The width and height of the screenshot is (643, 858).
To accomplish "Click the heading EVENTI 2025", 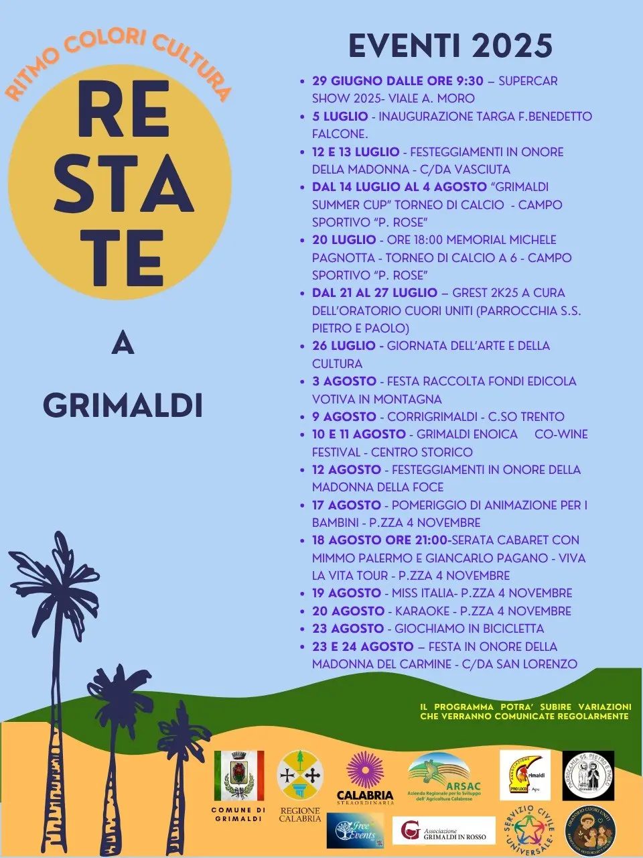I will click(450, 46).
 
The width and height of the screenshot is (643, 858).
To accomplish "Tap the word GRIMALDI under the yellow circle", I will click(123, 405).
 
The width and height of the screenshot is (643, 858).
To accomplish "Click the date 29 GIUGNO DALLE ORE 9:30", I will click(397, 81).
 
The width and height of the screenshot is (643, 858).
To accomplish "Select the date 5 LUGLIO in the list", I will click(340, 117).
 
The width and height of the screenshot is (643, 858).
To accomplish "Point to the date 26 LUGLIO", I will click(344, 346).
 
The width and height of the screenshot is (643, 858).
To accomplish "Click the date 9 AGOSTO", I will click(344, 417).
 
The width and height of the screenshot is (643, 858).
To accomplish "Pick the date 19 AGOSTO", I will click(346, 593).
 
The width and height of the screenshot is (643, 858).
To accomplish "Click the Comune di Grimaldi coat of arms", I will click(238, 776).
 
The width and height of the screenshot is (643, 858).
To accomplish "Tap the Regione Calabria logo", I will click(300, 776).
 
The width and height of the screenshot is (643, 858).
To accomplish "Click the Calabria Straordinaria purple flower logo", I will click(365, 771).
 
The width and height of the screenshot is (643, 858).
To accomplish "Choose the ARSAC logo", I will click(444, 776).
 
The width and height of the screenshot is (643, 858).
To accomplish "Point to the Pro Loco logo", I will click(524, 775).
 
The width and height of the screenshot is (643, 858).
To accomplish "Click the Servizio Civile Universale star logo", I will click(529, 829).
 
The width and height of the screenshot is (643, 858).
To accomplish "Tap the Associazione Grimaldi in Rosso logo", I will click(443, 831).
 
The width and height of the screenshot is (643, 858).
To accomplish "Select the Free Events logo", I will click(355, 831).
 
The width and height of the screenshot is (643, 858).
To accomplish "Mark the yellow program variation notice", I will click(525, 711).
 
